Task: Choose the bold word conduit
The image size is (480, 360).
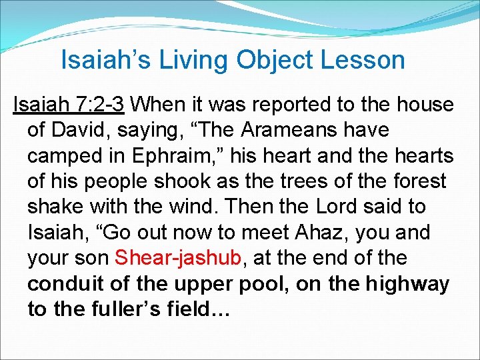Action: [66, 283]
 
